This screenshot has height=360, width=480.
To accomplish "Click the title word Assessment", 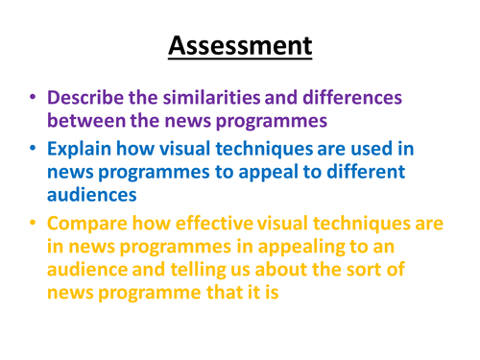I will [x=240, y=44].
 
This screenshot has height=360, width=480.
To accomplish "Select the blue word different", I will [x=367, y=174].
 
